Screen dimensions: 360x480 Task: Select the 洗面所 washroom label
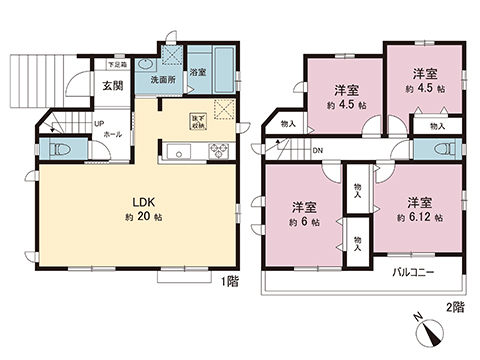[x=157, y=77]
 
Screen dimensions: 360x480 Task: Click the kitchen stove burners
[x=217, y=151]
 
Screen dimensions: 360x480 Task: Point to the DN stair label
[x=318, y=151]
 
